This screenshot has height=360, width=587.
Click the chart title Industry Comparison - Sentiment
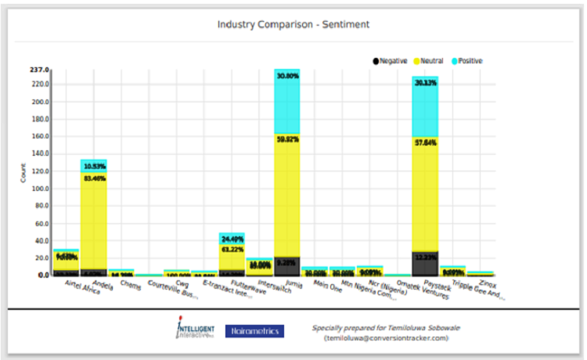click(x=293, y=24)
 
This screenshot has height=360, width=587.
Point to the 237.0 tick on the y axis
click(x=39, y=70)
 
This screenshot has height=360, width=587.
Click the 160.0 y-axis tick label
click(x=39, y=136)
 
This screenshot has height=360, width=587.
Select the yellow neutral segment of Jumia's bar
click(x=286, y=196)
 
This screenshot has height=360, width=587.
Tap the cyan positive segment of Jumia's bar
click(x=286, y=102)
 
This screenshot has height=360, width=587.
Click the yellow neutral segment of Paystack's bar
click(x=425, y=188)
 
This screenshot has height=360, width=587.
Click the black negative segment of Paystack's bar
click(x=425, y=263)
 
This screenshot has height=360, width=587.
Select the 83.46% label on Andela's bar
click(x=94, y=178)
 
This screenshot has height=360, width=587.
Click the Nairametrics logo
click(x=254, y=331)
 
